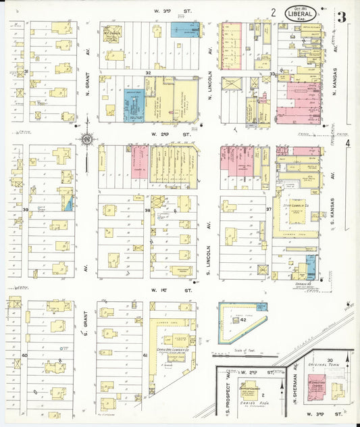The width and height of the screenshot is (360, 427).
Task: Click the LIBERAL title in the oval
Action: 303,12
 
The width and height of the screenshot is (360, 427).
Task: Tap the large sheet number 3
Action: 342,17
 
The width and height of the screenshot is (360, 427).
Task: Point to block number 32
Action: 147,72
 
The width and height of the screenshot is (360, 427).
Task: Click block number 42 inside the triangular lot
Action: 242,320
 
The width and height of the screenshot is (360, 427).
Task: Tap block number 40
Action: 24,355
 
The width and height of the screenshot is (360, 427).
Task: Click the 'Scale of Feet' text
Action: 244,349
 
